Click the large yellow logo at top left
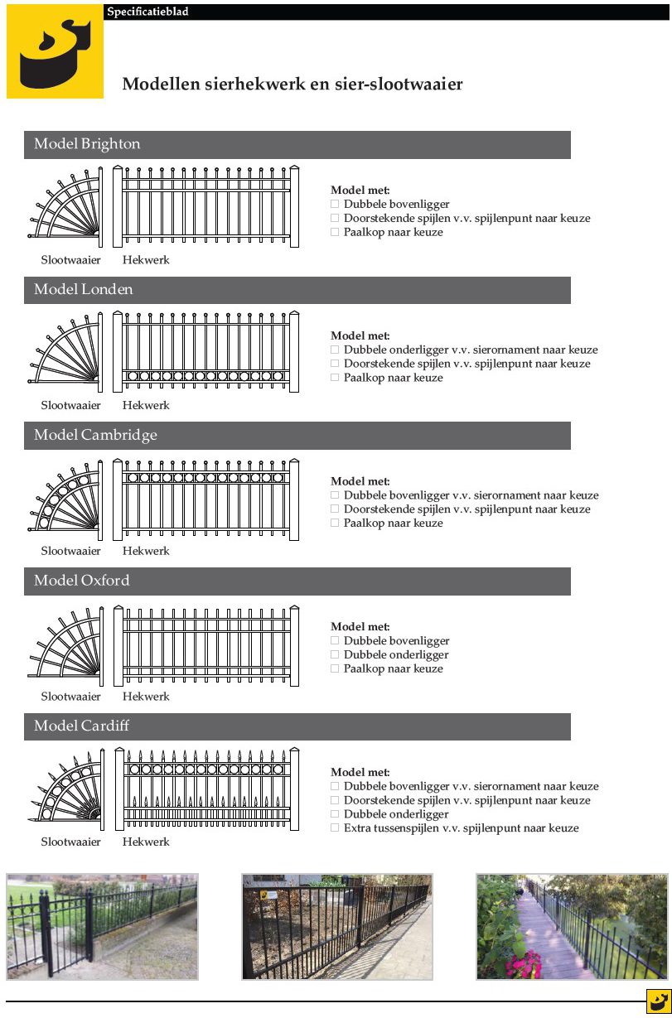(x=55, y=51)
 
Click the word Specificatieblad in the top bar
(x=147, y=12)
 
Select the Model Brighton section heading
(x=87, y=144)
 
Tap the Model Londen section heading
(x=83, y=290)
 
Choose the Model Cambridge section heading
(x=95, y=436)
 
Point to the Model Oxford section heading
(x=81, y=581)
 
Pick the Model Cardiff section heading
(x=81, y=726)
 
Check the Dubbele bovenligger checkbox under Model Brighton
(x=335, y=204)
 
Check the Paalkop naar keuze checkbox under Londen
(x=335, y=378)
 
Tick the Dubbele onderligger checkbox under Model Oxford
(x=335, y=654)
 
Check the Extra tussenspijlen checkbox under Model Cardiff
(x=335, y=828)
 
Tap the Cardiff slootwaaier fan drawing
(x=65, y=790)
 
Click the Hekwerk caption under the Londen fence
(x=146, y=406)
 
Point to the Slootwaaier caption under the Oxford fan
(x=71, y=697)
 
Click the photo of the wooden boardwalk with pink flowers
(x=572, y=926)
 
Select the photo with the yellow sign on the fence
(x=336, y=926)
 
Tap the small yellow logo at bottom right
(x=658, y=1001)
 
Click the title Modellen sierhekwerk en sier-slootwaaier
(x=292, y=84)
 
